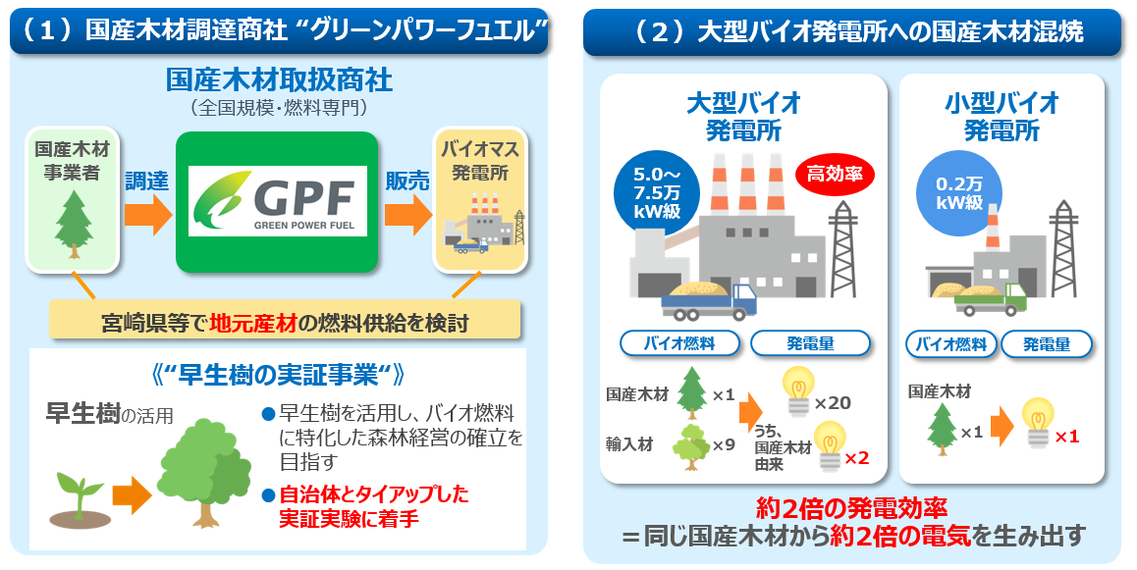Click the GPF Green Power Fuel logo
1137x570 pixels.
click(x=276, y=201)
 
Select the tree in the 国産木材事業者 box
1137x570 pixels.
click(x=73, y=224)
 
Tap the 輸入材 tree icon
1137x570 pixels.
click(x=692, y=444)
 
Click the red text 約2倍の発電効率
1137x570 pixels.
click(x=851, y=508)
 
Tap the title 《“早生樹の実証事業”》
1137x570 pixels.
click(x=279, y=375)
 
